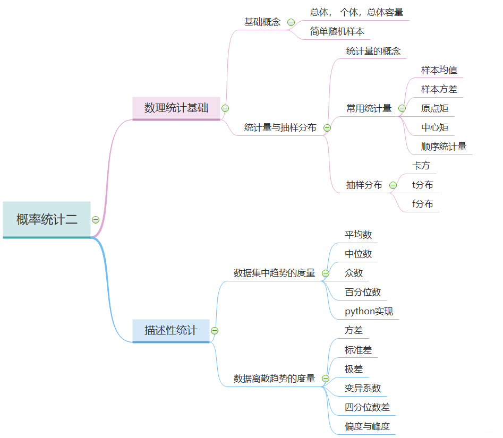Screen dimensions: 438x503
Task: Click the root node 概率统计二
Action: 47,219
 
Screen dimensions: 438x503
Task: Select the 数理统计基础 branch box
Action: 176,108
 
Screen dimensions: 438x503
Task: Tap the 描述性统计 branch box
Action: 170,330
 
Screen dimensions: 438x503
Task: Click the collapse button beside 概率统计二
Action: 96,219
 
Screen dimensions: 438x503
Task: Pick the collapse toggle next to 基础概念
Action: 291,22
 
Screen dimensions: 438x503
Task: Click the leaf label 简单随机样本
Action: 337,31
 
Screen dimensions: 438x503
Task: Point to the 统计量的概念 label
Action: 373,51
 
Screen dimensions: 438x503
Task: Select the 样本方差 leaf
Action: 439,89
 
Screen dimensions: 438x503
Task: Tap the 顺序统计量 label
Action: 444,147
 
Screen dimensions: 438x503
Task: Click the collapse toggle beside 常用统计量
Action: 402,108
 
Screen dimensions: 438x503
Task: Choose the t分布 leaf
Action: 422,185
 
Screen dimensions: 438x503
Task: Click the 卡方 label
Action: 421,166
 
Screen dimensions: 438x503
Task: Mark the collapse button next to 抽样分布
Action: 393,185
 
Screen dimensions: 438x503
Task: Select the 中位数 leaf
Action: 358,254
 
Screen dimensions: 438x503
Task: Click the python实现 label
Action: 369,311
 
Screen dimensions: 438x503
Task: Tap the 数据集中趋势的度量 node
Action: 274,273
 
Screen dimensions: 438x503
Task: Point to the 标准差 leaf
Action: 358,350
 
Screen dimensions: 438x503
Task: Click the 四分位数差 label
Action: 367,407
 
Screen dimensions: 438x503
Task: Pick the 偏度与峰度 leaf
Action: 367,426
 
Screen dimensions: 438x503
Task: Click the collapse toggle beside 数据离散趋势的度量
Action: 326,379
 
